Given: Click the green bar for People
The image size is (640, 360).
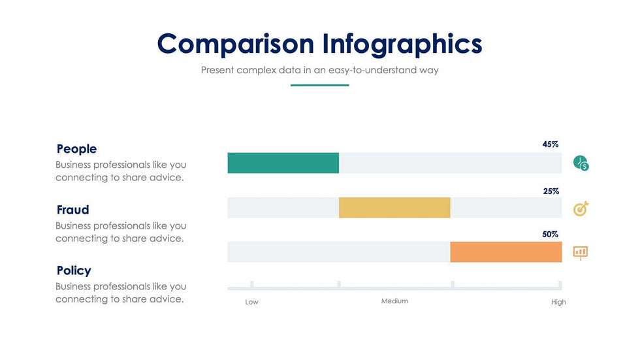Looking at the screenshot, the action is point(283,163).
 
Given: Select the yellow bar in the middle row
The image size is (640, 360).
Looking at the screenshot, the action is point(394,208).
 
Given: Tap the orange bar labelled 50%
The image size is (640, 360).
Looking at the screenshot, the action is point(506,252).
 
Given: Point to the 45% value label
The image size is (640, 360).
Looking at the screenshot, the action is point(550,144).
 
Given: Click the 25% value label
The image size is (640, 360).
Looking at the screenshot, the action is point(551,191).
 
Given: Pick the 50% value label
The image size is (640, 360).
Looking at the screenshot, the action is point(550,235).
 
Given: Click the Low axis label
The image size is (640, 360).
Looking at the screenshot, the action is point(251,302).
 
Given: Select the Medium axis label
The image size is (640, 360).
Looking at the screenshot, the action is point(394,301).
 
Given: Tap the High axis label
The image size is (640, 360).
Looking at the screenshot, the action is point(558,302).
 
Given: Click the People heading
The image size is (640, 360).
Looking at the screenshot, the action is point(77,148).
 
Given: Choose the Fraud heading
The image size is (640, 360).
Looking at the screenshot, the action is point(72,210).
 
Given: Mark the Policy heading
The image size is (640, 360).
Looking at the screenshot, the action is point(74,270).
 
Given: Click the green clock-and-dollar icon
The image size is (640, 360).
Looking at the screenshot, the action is point(581,163).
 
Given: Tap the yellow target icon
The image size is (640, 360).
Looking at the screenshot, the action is point(581,208).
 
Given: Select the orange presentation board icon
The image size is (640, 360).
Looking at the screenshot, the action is point(581,253).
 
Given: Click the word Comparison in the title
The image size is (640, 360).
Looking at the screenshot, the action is point(236,44).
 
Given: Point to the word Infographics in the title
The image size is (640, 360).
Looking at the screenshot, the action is point(402,44).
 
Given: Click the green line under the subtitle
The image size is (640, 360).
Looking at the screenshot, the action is point(319,86).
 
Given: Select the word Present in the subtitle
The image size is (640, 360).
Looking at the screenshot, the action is point(217,70).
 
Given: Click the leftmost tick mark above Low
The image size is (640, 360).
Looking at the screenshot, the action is point(252,284).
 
